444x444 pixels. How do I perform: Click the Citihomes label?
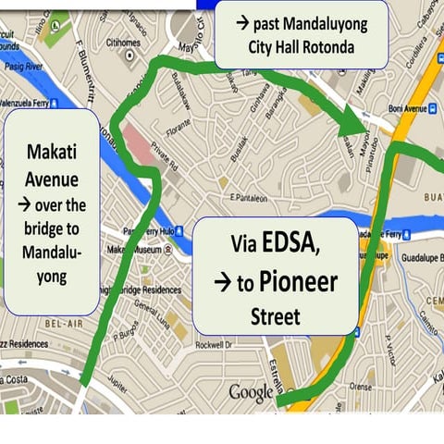[122, 42]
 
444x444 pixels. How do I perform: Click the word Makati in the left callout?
[52, 150]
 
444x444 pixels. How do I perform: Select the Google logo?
[252, 392]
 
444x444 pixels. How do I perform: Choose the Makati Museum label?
[134, 250]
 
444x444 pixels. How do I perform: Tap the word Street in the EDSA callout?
[276, 317]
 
